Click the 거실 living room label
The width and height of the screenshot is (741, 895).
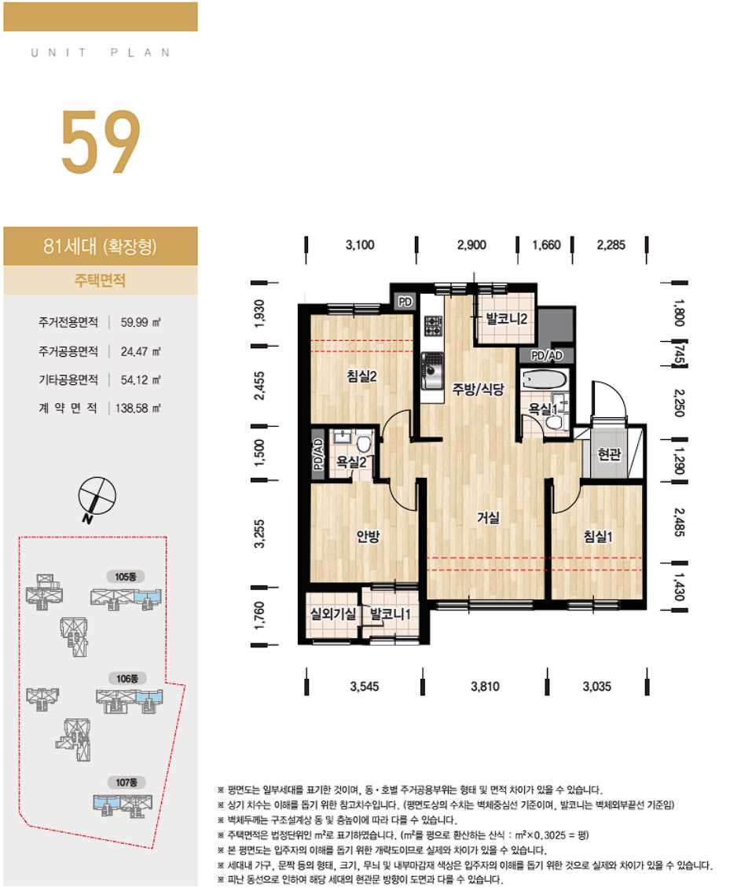488,518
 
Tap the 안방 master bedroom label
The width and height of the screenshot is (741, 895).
368,536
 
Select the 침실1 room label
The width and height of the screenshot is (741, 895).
598,537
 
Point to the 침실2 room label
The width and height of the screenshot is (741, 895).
362,376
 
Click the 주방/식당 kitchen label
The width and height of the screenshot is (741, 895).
479,389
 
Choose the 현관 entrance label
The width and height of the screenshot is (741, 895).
609,454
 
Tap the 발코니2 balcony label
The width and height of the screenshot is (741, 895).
506,318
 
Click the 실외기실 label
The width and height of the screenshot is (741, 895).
333,614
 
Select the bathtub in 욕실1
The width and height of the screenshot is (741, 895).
545,380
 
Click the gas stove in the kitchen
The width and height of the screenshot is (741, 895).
433,326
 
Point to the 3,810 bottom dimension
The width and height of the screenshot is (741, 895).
486,686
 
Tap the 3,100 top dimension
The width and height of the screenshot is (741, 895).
360,245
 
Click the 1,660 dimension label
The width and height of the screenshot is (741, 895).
546,245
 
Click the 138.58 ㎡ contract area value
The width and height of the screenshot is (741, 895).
138,408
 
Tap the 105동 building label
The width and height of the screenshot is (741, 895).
126,577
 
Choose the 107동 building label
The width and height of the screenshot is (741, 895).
127,782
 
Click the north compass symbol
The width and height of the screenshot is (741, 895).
97,497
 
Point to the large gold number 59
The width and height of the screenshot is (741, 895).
101,142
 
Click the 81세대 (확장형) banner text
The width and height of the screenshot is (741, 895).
100,246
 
